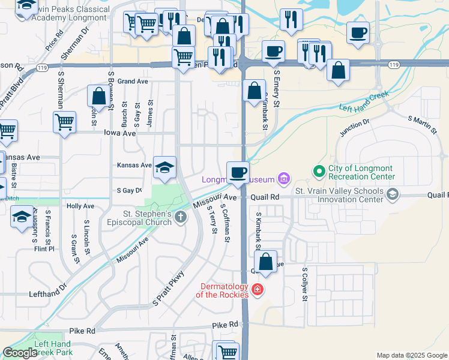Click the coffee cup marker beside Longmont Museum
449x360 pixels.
click(238, 173)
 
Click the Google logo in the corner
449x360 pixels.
click(20, 353)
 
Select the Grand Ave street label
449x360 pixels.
click(133, 81)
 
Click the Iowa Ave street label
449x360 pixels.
click(119, 133)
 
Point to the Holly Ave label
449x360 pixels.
click(80, 206)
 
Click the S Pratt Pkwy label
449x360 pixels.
click(169, 289)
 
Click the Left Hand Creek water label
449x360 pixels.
click(364, 101)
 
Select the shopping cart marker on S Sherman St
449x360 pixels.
click(64, 122)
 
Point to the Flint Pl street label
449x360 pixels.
click(44, 248)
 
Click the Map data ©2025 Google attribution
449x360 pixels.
click(411, 355)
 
